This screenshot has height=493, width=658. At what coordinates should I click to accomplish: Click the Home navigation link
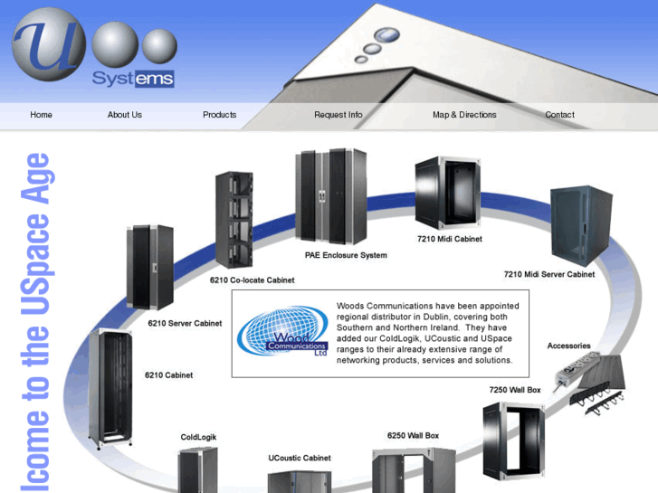pos(41,115)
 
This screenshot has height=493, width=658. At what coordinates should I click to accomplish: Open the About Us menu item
pos(124,115)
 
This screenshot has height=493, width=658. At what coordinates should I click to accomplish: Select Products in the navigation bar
pos(219,115)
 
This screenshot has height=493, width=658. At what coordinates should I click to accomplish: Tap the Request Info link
pos(338,115)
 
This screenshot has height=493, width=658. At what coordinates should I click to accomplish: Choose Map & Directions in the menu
pos(464,115)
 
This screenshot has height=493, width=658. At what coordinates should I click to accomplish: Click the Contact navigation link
pos(559,115)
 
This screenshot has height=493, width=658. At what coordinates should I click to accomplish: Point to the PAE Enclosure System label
pos(346,255)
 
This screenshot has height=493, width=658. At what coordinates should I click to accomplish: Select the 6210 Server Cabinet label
pos(185,323)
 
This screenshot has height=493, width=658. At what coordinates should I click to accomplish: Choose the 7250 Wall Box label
pos(514,390)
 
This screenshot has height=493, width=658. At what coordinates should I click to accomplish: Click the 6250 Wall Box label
pos(413,436)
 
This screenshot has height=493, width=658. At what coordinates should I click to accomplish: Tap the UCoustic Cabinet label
pos(300,458)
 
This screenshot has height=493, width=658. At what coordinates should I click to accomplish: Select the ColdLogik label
pos(198,437)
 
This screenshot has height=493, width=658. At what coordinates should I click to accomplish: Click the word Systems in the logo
pos(132,79)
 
